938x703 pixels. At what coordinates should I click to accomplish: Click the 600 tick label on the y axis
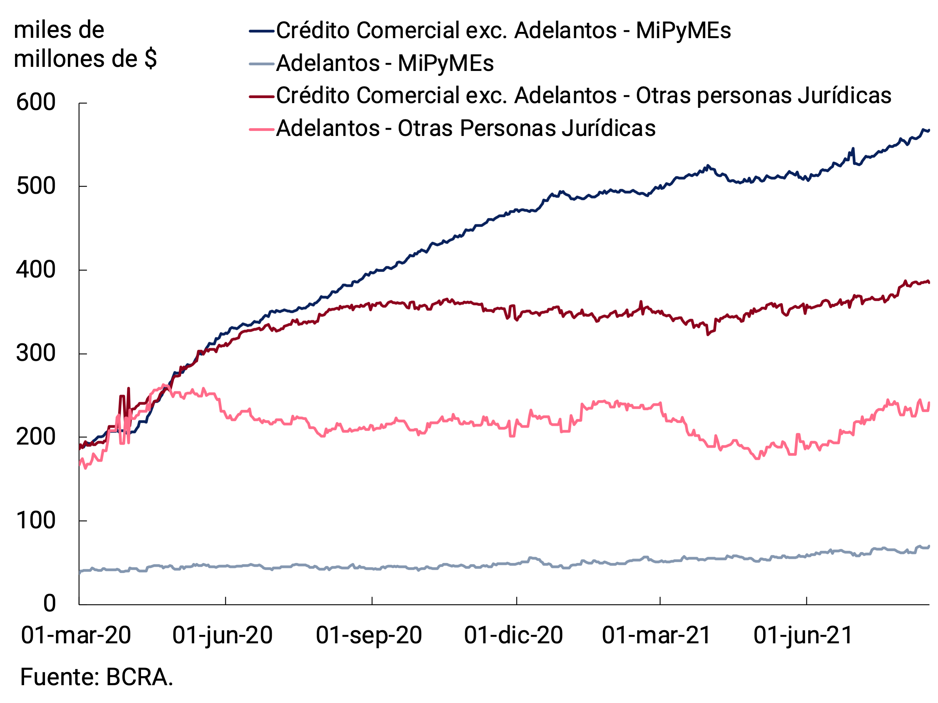[36, 103]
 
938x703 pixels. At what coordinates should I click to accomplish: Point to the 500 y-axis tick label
[36, 186]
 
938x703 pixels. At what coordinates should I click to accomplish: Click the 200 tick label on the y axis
[36, 437]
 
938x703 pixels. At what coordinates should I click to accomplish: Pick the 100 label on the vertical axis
[36, 520]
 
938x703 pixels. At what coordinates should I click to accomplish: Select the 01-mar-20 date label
[76, 635]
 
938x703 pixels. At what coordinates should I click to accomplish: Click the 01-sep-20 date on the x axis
[369, 635]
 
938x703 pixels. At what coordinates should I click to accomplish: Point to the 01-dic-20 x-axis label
[513, 635]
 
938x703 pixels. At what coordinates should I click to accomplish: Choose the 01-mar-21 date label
[657, 635]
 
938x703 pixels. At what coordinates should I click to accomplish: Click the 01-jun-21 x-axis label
[803, 635]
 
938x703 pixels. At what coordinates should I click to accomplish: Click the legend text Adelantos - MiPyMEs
[385, 63]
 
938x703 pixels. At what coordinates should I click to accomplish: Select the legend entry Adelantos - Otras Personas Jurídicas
[466, 128]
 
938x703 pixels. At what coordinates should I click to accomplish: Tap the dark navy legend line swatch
[262, 31]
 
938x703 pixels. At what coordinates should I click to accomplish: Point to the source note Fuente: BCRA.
[97, 677]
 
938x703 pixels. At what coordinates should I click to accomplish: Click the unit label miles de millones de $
[85, 44]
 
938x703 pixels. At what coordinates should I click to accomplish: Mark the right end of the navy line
[928, 131]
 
